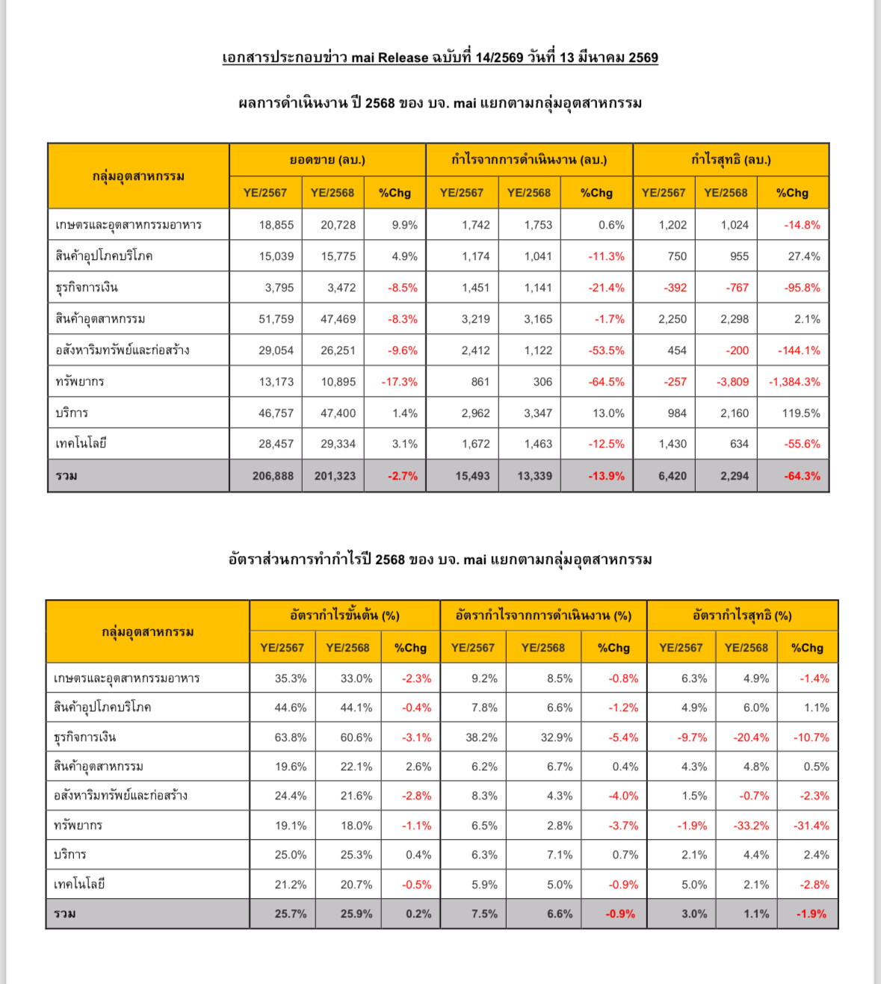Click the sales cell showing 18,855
(276, 225)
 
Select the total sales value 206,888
(273, 476)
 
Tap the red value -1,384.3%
(794, 382)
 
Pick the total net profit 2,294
(735, 476)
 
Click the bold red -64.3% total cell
(803, 476)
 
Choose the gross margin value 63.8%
(291, 737)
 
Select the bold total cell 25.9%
(356, 914)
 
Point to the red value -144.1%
(799, 350)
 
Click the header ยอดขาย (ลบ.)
(327, 160)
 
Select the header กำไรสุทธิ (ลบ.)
(731, 160)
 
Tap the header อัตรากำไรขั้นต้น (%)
(344, 616)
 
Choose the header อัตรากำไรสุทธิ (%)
(742, 616)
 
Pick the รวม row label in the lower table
(65, 914)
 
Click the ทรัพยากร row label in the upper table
(80, 382)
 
